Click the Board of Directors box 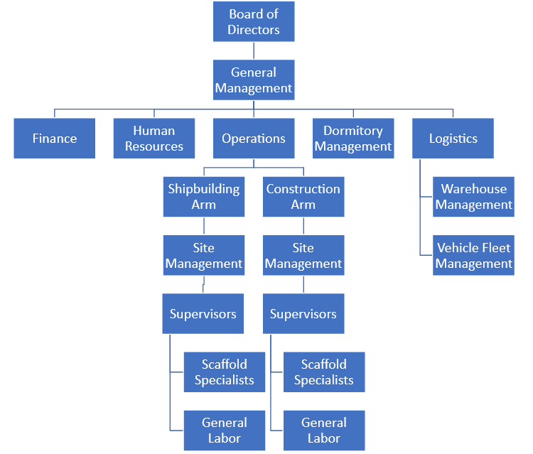point(254,22)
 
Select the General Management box point(254,80)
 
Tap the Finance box point(55,139)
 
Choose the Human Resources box point(154,139)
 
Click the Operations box point(254,139)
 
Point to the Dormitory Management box point(353,139)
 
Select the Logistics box point(453,139)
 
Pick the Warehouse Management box point(473,197)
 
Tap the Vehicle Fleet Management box point(473,256)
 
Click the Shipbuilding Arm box point(204,197)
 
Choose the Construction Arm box point(303,197)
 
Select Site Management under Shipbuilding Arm point(204,256)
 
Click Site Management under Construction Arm point(303,256)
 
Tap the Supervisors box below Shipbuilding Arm point(203,314)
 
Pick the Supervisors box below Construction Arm point(303,314)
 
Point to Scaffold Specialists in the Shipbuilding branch point(225,372)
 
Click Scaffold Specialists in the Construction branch point(324,372)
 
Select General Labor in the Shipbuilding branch point(225,431)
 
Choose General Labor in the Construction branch point(324,431)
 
